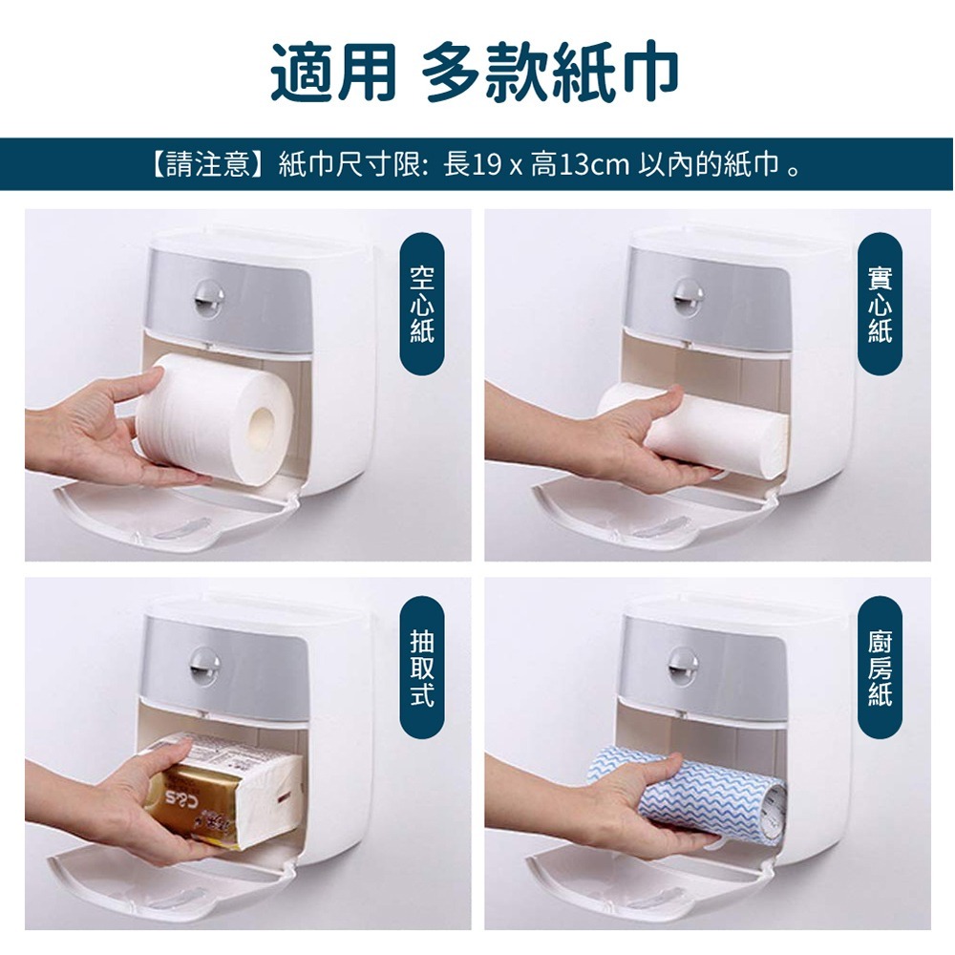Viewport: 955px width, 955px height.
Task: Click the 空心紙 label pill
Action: click(422, 304)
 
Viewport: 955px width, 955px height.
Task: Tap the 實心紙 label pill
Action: click(880, 304)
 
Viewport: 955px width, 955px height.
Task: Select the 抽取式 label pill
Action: click(422, 667)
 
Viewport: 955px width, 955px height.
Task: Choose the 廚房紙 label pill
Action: click(880, 667)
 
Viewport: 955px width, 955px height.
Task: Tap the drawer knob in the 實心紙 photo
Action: click(686, 295)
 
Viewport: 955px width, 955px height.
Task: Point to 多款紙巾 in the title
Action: click(550, 73)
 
